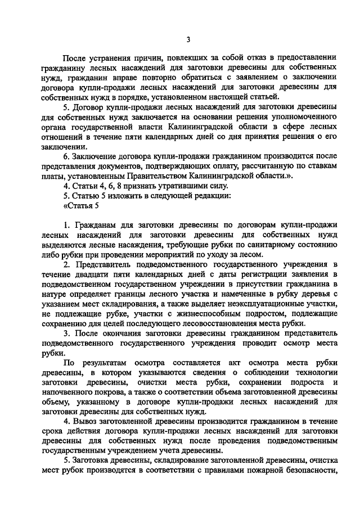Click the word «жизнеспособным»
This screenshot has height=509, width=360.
pos(179,313)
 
